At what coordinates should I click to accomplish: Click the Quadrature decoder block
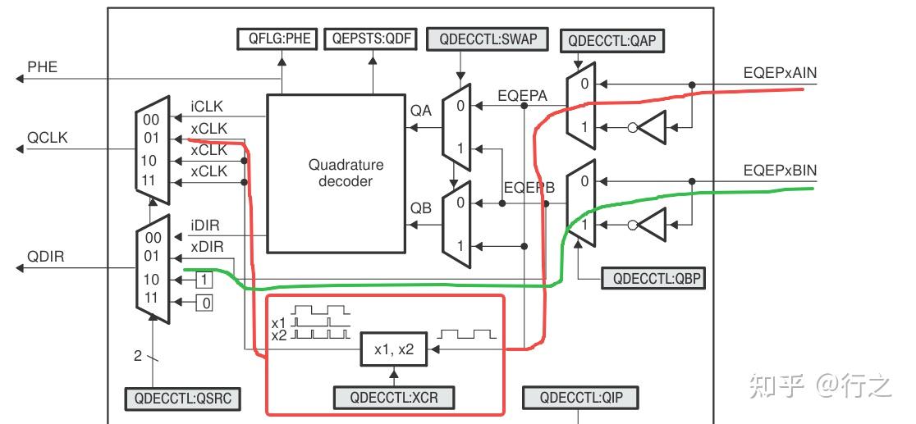[346, 172]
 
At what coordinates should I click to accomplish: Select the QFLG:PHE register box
[277, 39]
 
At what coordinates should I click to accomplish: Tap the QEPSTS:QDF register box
[371, 39]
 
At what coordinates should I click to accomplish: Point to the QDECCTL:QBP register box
[653, 278]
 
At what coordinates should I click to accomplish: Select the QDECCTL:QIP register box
[579, 399]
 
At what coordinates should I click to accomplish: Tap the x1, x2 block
[394, 350]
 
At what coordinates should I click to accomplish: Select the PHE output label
[43, 67]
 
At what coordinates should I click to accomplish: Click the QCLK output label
[48, 138]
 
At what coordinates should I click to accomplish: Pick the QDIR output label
[46, 257]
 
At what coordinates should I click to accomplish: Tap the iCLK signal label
[207, 107]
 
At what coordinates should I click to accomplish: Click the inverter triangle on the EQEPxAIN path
[654, 127]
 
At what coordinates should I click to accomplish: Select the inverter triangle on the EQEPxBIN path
[654, 224]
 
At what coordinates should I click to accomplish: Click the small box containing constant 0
[205, 303]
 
